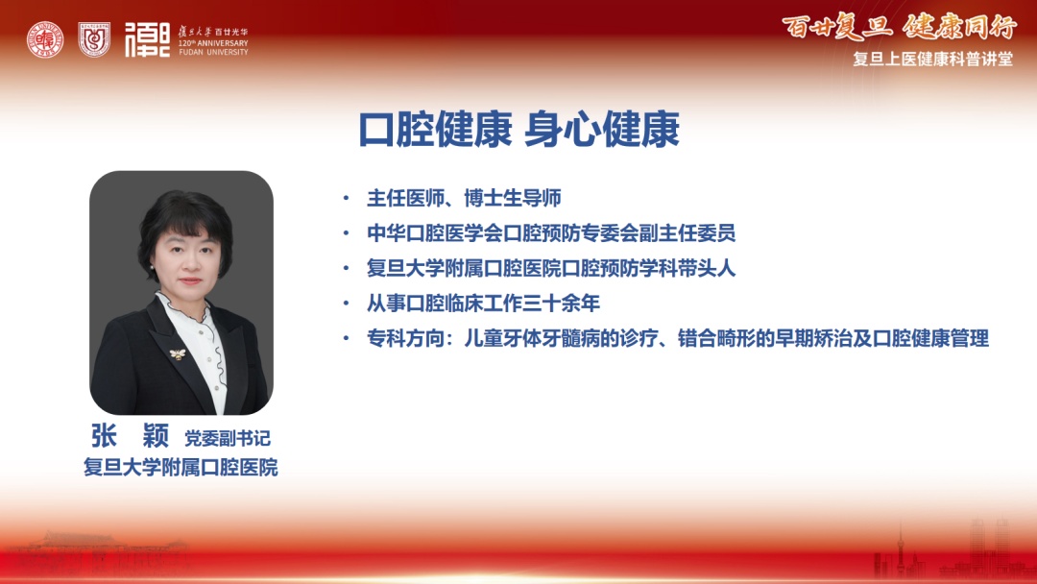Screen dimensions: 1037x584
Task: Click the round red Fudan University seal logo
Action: coord(45,39)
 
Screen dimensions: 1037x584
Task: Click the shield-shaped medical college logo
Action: coord(94,39)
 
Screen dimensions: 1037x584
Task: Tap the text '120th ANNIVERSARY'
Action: coord(213,43)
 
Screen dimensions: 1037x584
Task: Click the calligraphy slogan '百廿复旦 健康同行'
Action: coord(899,27)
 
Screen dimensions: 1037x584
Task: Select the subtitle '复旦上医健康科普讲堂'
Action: coord(932,59)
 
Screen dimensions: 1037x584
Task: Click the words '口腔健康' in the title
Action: coord(435,130)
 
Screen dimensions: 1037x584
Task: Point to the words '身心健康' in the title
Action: coord(602,130)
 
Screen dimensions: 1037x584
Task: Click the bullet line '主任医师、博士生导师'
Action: coord(464,198)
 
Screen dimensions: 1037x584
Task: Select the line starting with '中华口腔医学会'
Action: coord(551,232)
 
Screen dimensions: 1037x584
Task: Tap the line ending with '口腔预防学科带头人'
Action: coord(551,268)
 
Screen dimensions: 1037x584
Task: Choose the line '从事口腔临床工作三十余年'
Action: coord(483,303)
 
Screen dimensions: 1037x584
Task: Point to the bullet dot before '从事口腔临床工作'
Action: coord(346,304)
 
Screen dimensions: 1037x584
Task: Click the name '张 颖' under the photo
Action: coord(131,436)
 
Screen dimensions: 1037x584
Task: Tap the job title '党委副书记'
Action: coord(227,438)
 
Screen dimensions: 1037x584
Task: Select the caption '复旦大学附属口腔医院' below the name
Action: coord(181,468)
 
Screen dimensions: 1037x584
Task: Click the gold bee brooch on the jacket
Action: coord(178,353)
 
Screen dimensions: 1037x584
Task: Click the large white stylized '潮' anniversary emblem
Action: coord(148,39)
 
